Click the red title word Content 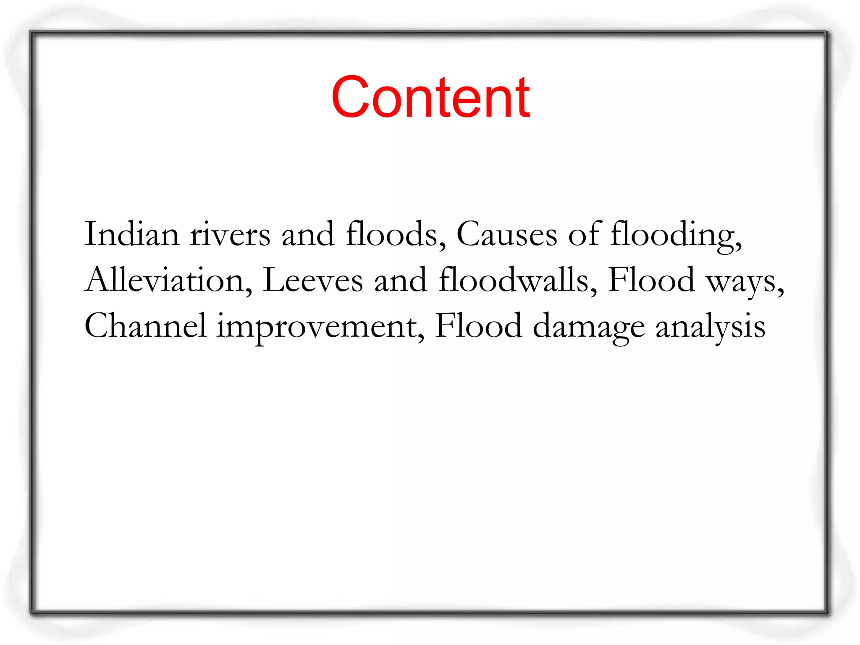tap(430, 97)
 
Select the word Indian tap(132, 234)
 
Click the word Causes tap(506, 234)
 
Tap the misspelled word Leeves tap(312, 280)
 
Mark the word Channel tap(145, 326)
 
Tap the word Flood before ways tap(651, 280)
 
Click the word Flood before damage tap(478, 326)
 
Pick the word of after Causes tap(585, 233)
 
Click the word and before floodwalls tap(401, 280)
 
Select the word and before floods tap(308, 234)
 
